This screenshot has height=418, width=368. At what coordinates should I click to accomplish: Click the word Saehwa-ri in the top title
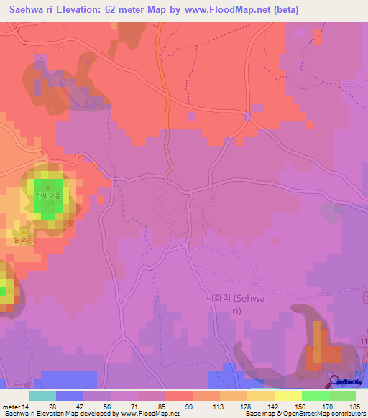coord(34,10)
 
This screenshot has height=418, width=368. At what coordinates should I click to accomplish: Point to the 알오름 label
coord(17,241)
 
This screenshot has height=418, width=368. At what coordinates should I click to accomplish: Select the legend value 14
coord(26,407)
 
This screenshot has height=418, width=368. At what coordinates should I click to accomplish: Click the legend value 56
coord(107,407)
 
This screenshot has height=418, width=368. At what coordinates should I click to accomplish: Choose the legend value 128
coord(246,407)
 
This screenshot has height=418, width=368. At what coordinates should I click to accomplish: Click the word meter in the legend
coord(11,407)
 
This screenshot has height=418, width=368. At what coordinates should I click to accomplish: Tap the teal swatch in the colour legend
coord(42,396)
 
